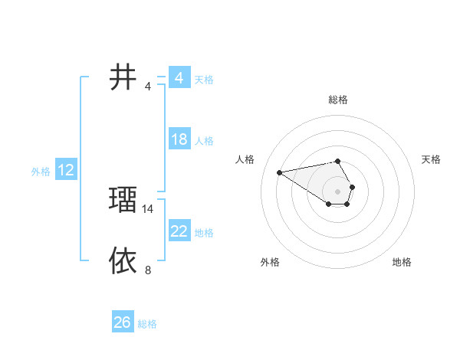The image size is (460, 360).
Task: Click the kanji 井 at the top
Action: pyautogui.click(x=123, y=77)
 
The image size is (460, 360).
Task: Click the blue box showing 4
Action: pyautogui.click(x=179, y=78)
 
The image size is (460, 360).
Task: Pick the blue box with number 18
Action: pyautogui.click(x=179, y=139)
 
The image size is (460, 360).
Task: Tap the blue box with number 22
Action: pyautogui.click(x=179, y=231)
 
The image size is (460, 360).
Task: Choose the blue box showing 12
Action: pyautogui.click(x=66, y=170)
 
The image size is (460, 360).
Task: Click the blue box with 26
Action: pyautogui.click(x=122, y=322)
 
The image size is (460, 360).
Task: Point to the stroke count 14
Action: pyautogui.click(x=148, y=208)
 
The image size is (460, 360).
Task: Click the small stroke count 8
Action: pyautogui.click(x=148, y=270)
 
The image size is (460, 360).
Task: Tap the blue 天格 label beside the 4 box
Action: pyautogui.click(x=204, y=80)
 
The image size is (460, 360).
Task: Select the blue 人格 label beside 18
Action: pyautogui.click(x=204, y=141)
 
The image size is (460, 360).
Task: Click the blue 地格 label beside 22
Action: pyautogui.click(x=204, y=233)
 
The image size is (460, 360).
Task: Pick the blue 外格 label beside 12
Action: pyautogui.click(x=41, y=172)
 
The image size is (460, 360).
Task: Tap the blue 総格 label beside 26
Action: pyautogui.click(x=147, y=324)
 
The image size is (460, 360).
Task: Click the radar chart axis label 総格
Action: pyautogui.click(x=337, y=100)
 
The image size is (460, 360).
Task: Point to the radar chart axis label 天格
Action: pyautogui.click(x=431, y=159)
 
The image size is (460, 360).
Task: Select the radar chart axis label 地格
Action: pyautogui.click(x=402, y=262)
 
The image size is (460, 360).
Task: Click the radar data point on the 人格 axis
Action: pyautogui.click(x=280, y=172)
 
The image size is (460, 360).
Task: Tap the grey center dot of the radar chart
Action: pyautogui.click(x=337, y=191)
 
